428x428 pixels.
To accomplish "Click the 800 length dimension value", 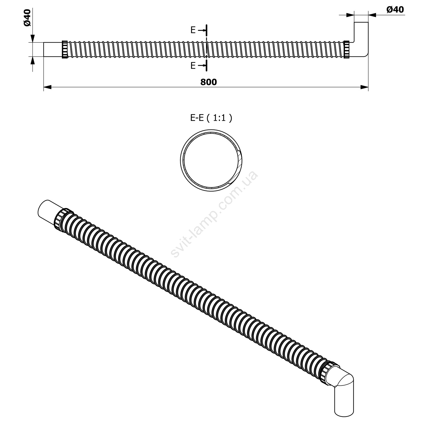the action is (x=209, y=82).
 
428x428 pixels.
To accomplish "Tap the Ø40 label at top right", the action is (x=395, y=10).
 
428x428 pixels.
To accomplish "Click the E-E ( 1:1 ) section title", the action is (x=211, y=118).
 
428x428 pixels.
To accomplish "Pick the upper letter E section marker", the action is (x=193, y=30).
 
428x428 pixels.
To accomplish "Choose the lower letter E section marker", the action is (x=193, y=66).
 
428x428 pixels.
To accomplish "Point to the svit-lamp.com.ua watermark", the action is (x=214, y=214).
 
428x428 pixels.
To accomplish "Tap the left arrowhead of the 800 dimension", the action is (x=47, y=87).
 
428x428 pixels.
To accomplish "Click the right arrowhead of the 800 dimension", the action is (x=364, y=87).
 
